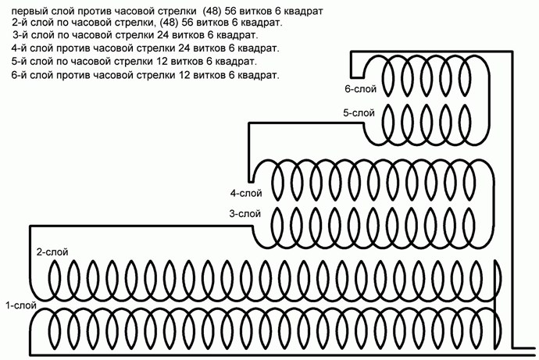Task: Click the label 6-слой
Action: (x=361, y=89)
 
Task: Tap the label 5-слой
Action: (x=359, y=113)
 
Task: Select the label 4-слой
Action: (x=246, y=194)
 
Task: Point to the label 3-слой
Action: (x=245, y=214)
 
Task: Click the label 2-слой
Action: (x=52, y=252)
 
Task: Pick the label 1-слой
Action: (x=21, y=305)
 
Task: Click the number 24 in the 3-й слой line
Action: (x=163, y=35)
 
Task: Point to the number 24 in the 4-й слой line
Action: (x=184, y=48)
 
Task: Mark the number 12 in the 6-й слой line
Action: (x=184, y=75)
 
